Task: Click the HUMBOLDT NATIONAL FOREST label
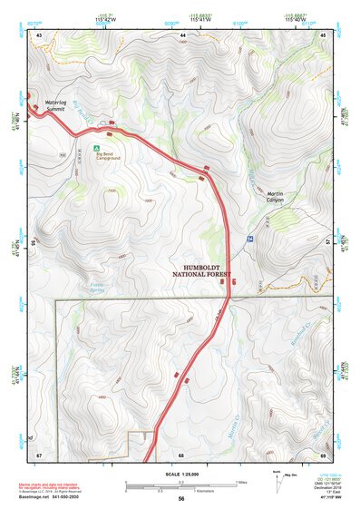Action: pyautogui.click(x=202, y=270)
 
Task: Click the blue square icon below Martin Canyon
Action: pyautogui.click(x=248, y=238)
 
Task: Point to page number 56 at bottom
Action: pyautogui.click(x=181, y=499)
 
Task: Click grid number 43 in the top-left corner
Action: pyautogui.click(x=39, y=34)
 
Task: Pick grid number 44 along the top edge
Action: pyautogui.click(x=182, y=34)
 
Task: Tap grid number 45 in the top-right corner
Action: pyautogui.click(x=324, y=34)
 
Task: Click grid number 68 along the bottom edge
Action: pyautogui.click(x=181, y=455)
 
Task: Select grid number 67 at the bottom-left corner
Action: pyautogui.click(x=39, y=455)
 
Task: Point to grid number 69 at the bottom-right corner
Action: pyautogui.click(x=324, y=455)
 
